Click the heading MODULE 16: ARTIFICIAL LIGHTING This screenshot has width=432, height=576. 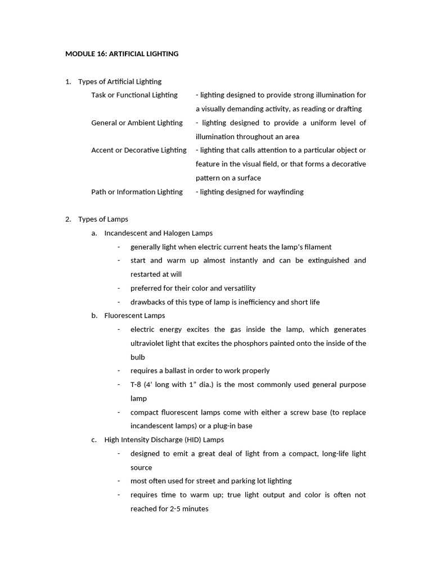[121, 54]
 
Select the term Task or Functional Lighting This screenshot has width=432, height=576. [134, 95]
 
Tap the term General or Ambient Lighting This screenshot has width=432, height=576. [137, 123]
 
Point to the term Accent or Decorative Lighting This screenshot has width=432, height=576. [138, 150]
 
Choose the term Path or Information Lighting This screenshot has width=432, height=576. [137, 192]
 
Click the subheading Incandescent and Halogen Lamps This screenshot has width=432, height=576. [158, 233]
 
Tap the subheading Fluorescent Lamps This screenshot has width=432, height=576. [134, 316]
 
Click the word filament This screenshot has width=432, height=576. [318, 247]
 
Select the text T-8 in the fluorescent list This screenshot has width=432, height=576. [136, 385]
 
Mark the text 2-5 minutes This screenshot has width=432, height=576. [189, 509]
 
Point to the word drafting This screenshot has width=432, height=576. [349, 109]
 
